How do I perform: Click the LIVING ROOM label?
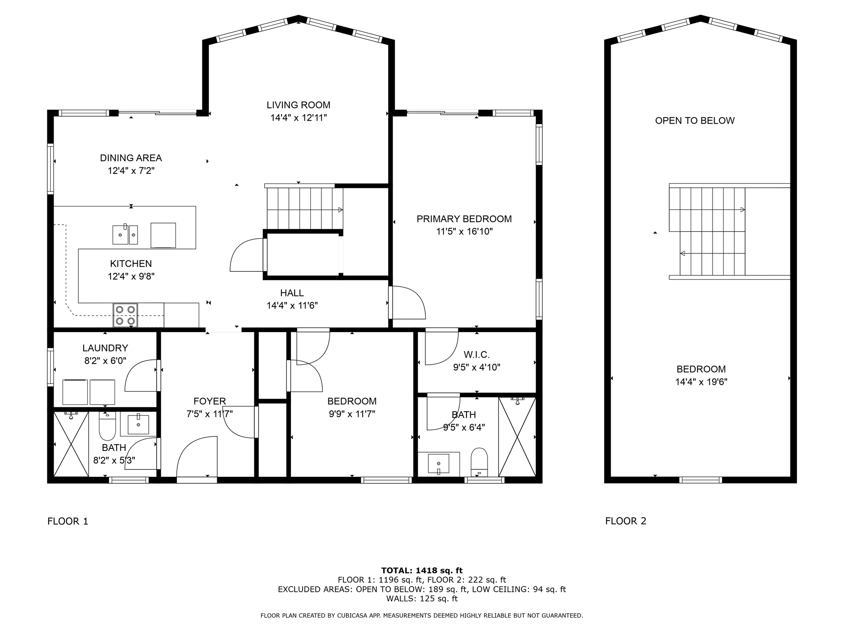pyautogui.click(x=298, y=105)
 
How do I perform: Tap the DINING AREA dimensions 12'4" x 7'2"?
pyautogui.click(x=131, y=171)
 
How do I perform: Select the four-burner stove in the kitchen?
pyautogui.click(x=125, y=315)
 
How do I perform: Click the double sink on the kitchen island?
pyautogui.click(x=125, y=234)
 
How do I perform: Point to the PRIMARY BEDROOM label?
pyautogui.click(x=464, y=219)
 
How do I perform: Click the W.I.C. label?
pyautogui.click(x=476, y=354)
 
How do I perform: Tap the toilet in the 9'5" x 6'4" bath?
pyautogui.click(x=479, y=462)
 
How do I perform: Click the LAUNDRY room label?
pyautogui.click(x=105, y=348)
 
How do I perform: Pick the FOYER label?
pyautogui.click(x=209, y=401)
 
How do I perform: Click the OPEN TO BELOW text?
pyautogui.click(x=694, y=121)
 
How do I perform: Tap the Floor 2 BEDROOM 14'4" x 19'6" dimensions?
pyautogui.click(x=701, y=382)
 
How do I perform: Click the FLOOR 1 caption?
pyautogui.click(x=68, y=521)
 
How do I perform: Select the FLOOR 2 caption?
pyautogui.click(x=625, y=521)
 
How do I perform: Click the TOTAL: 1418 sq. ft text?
pyautogui.click(x=422, y=570)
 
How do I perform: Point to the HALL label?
pyautogui.click(x=292, y=293)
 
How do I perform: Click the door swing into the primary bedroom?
pyautogui.click(x=408, y=303)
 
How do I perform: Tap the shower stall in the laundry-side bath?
pyautogui.click(x=71, y=444)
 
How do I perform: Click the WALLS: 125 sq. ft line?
pyautogui.click(x=422, y=598)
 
